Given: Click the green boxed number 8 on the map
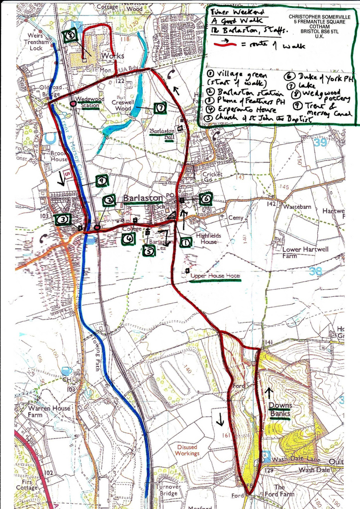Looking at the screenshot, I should click(x=71, y=36).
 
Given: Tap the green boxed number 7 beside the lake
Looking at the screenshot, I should click(x=160, y=108).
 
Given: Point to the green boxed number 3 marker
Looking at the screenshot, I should click(x=63, y=220).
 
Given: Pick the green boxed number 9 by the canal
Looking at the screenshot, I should click(x=101, y=181).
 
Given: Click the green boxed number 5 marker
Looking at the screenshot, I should click(x=148, y=251).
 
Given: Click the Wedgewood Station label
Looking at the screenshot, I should click(x=89, y=102).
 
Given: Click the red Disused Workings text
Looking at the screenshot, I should click(x=187, y=450).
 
